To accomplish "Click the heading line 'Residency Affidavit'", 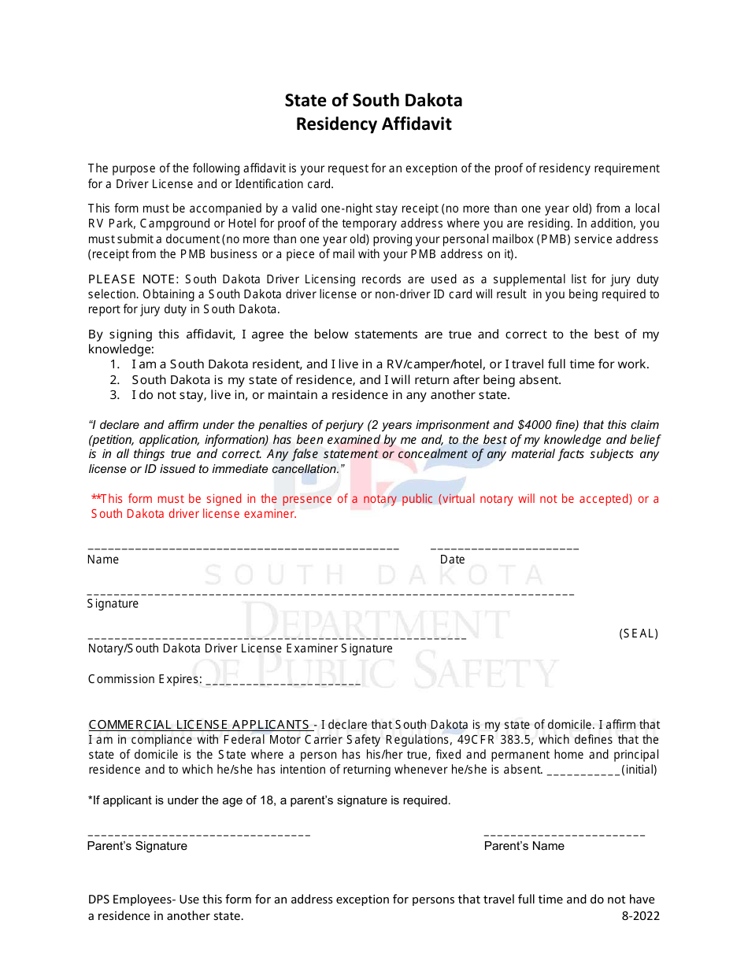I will [373, 124].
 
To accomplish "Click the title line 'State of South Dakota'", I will [373, 101].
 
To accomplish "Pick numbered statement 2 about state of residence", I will [346, 379].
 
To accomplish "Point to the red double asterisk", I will [96, 498].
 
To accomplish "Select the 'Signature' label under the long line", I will [113, 604].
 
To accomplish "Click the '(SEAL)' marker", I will [639, 634].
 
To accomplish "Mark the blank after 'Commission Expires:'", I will [282, 682].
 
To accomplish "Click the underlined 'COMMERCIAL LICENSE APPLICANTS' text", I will [199, 725].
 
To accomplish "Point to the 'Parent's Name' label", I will [524, 846].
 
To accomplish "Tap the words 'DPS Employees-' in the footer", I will [132, 900].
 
